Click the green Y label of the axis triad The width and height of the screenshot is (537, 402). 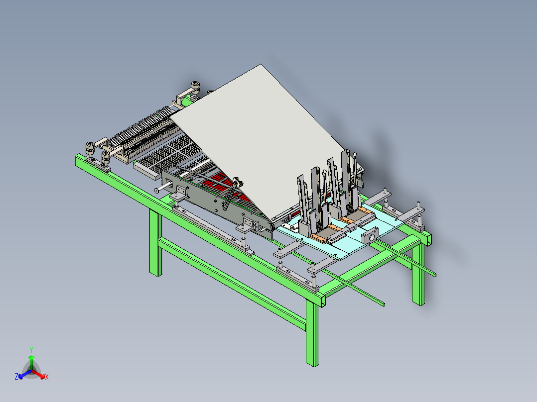[x=31, y=350]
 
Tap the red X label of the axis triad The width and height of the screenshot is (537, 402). [x=47, y=377]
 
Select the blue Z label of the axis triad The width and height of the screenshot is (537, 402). [x=16, y=376]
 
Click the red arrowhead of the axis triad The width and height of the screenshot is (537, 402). [x=42, y=376]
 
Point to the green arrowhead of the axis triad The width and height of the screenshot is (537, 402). [x=31, y=357]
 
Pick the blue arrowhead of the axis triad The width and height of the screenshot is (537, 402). [x=21, y=376]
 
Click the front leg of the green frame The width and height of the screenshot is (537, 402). [x=312, y=332]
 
